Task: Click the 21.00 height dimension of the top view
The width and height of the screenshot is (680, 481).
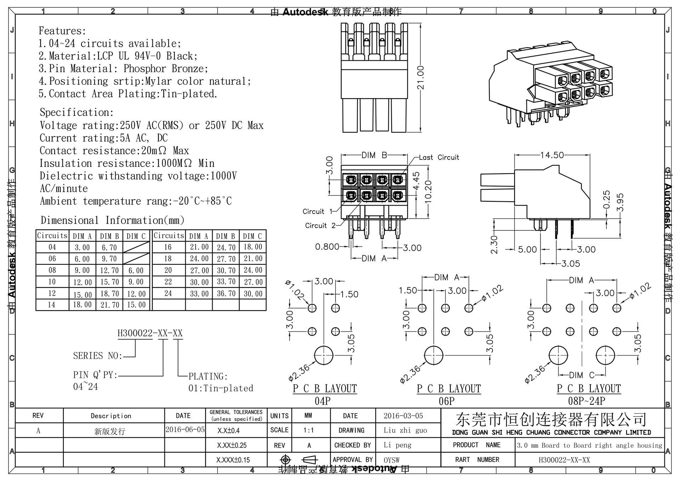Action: (420, 78)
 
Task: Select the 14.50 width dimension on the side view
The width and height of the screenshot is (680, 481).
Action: (552, 155)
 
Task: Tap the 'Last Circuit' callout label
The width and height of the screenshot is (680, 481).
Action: (439, 157)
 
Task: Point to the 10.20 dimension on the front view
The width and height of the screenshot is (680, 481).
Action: (428, 192)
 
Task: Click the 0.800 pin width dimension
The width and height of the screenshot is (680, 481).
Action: (327, 247)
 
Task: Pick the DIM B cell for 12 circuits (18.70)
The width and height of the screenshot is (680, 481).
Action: (109, 293)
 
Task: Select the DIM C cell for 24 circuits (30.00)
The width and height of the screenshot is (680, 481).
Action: (253, 293)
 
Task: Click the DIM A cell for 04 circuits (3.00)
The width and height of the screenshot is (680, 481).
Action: (82, 247)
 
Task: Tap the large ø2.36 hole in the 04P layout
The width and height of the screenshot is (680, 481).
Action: (324, 355)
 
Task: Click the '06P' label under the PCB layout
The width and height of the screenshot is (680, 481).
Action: (446, 401)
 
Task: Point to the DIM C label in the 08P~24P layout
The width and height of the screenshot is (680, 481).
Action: (581, 375)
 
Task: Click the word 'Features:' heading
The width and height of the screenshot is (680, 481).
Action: (62, 31)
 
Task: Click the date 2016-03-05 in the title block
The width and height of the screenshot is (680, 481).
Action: (403, 416)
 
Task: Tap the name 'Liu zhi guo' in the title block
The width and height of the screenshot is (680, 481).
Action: (405, 430)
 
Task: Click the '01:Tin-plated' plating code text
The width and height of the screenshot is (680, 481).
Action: (220, 388)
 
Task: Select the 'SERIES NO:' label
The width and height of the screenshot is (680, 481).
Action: (97, 356)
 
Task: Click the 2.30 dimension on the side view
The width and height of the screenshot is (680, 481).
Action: (494, 245)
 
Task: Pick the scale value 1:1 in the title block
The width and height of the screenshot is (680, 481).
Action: (308, 430)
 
